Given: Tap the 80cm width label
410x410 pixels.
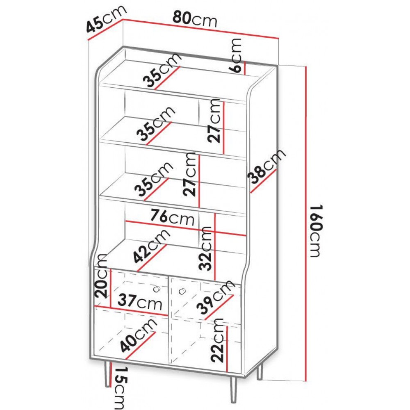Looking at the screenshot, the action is pyautogui.click(x=195, y=19).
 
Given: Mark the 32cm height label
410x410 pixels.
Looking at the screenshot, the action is pyautogui.click(x=205, y=248).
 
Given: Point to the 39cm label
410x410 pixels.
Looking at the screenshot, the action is pyautogui.click(x=216, y=296).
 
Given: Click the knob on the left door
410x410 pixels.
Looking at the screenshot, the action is pyautogui.click(x=157, y=289).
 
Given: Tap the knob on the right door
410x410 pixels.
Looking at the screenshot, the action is pyautogui.click(x=182, y=291).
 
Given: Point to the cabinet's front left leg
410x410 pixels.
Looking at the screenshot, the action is pyautogui.click(x=107, y=374).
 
